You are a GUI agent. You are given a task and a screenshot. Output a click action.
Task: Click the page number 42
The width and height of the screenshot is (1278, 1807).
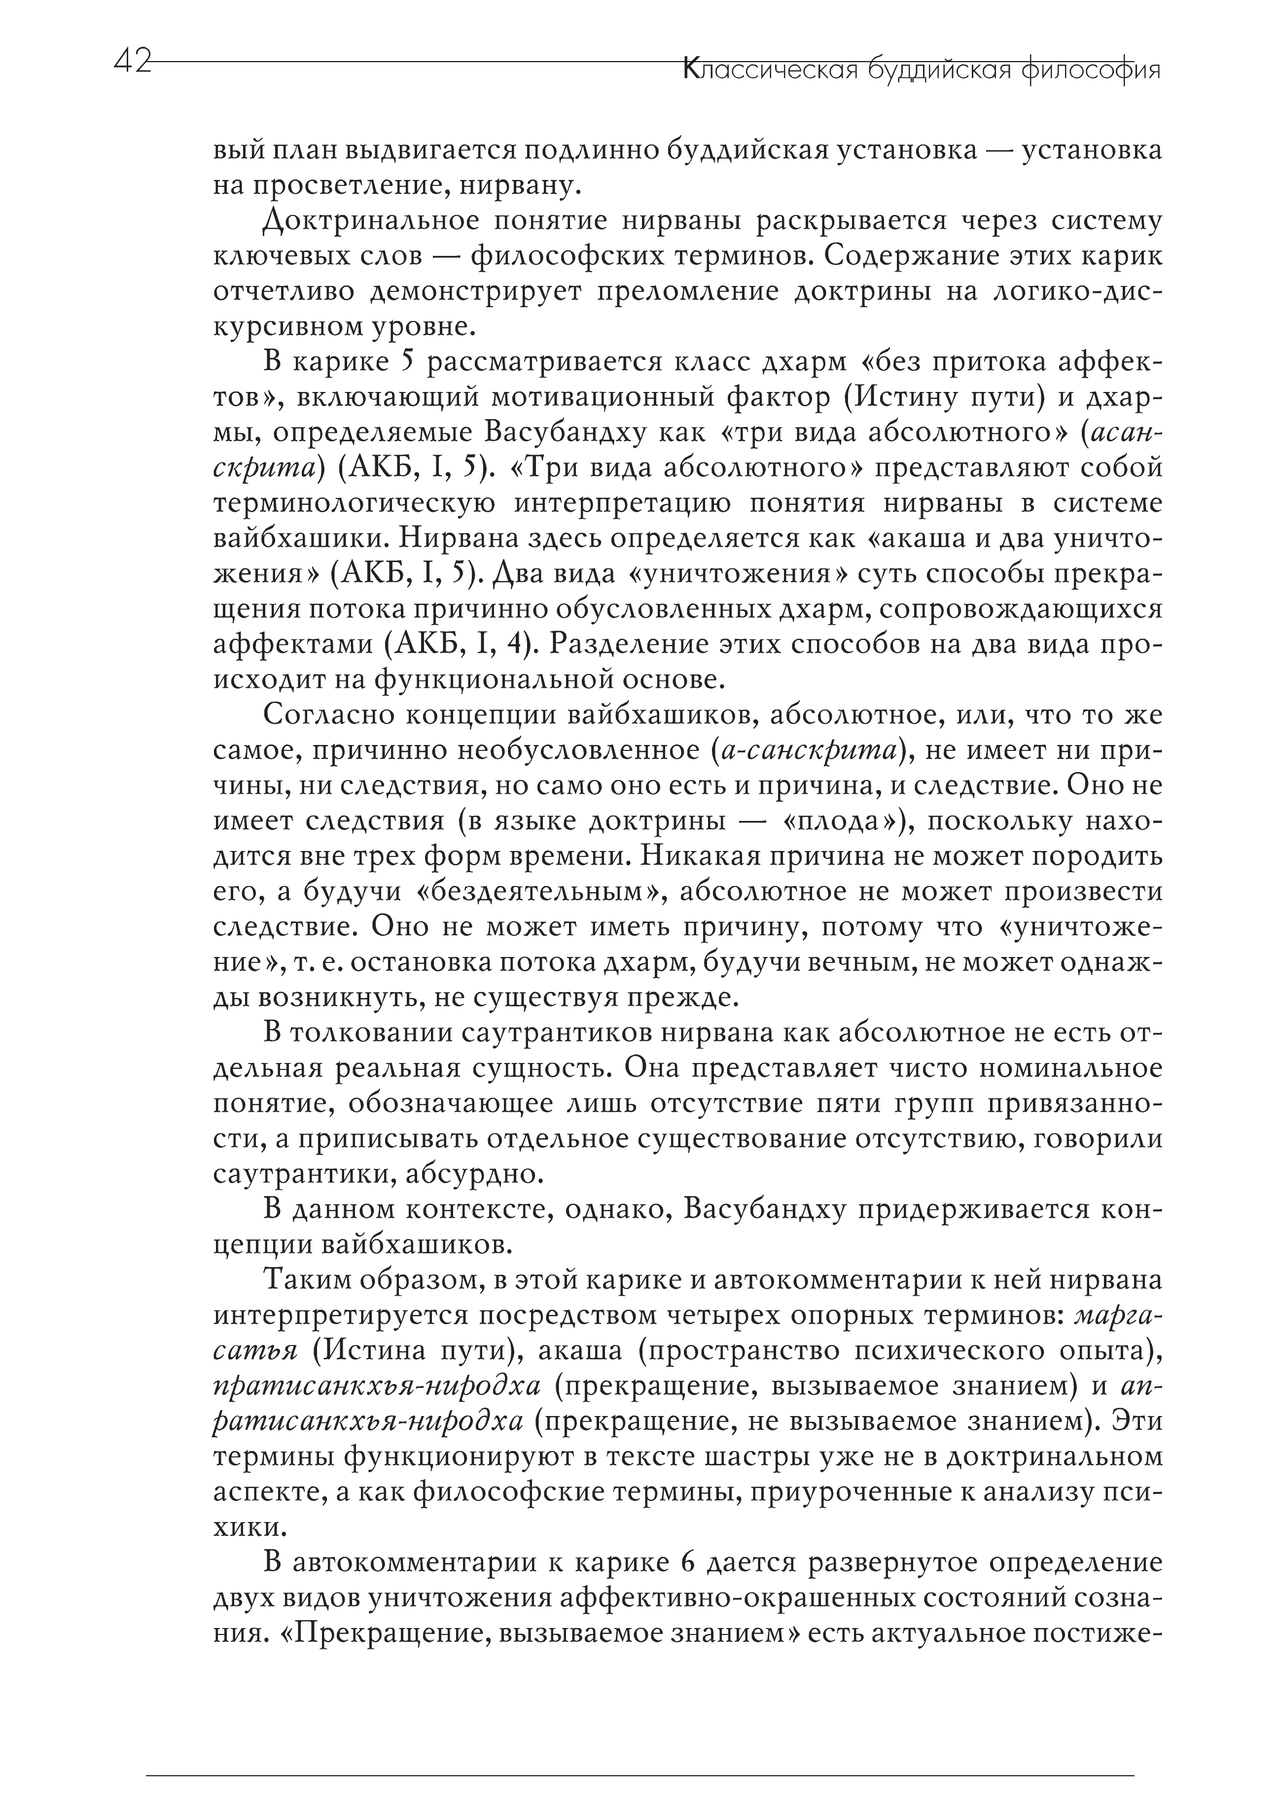132,62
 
